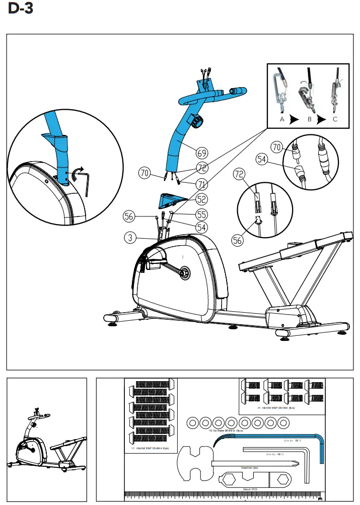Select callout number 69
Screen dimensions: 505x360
pyautogui.click(x=202, y=152)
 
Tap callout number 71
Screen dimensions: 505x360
pyautogui.click(x=202, y=183)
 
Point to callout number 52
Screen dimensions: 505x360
pyautogui.click(x=202, y=199)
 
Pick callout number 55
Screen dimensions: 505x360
pyautogui.click(x=202, y=214)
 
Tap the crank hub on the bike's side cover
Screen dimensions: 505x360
pyautogui.click(x=184, y=272)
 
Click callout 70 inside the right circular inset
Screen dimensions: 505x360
pyautogui.click(x=276, y=148)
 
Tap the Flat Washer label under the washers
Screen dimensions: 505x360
pyautogui.click(x=226, y=431)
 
